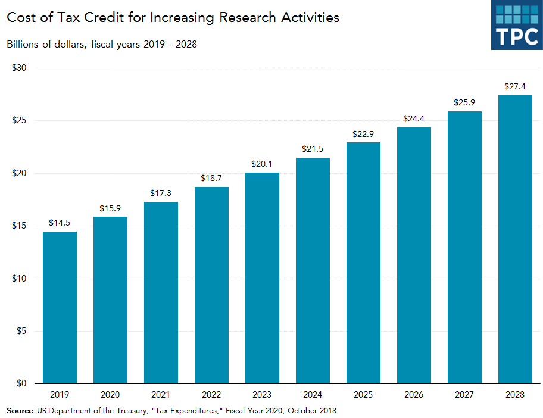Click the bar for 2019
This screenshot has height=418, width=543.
pyautogui.click(x=60, y=307)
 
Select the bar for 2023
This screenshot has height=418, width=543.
pyautogui.click(x=262, y=278)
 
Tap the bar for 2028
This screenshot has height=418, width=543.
pyautogui.click(x=515, y=239)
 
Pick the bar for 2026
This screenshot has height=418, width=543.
pyautogui.click(x=414, y=255)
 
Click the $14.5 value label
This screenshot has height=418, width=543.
pyautogui.click(x=60, y=223)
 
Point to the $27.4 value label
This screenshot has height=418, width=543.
pyautogui.click(x=515, y=87)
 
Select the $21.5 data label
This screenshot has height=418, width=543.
pyautogui.click(x=313, y=149)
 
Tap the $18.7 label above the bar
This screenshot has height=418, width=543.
pyautogui.click(x=211, y=179)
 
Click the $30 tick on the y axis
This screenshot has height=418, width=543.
pyautogui.click(x=20, y=68)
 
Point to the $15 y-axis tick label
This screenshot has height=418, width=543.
pyautogui.click(x=20, y=226)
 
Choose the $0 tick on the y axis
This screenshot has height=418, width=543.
pyautogui.click(x=21, y=383)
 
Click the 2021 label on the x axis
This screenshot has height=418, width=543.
pyautogui.click(x=161, y=395)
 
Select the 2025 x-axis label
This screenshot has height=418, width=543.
pyautogui.click(x=363, y=395)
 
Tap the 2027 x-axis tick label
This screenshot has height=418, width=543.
pyautogui.click(x=464, y=395)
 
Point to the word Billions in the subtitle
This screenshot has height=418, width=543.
pyautogui.click(x=23, y=45)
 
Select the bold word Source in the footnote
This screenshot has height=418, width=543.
pyautogui.click(x=20, y=410)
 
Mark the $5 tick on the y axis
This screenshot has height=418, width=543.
pyautogui.click(x=21, y=331)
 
